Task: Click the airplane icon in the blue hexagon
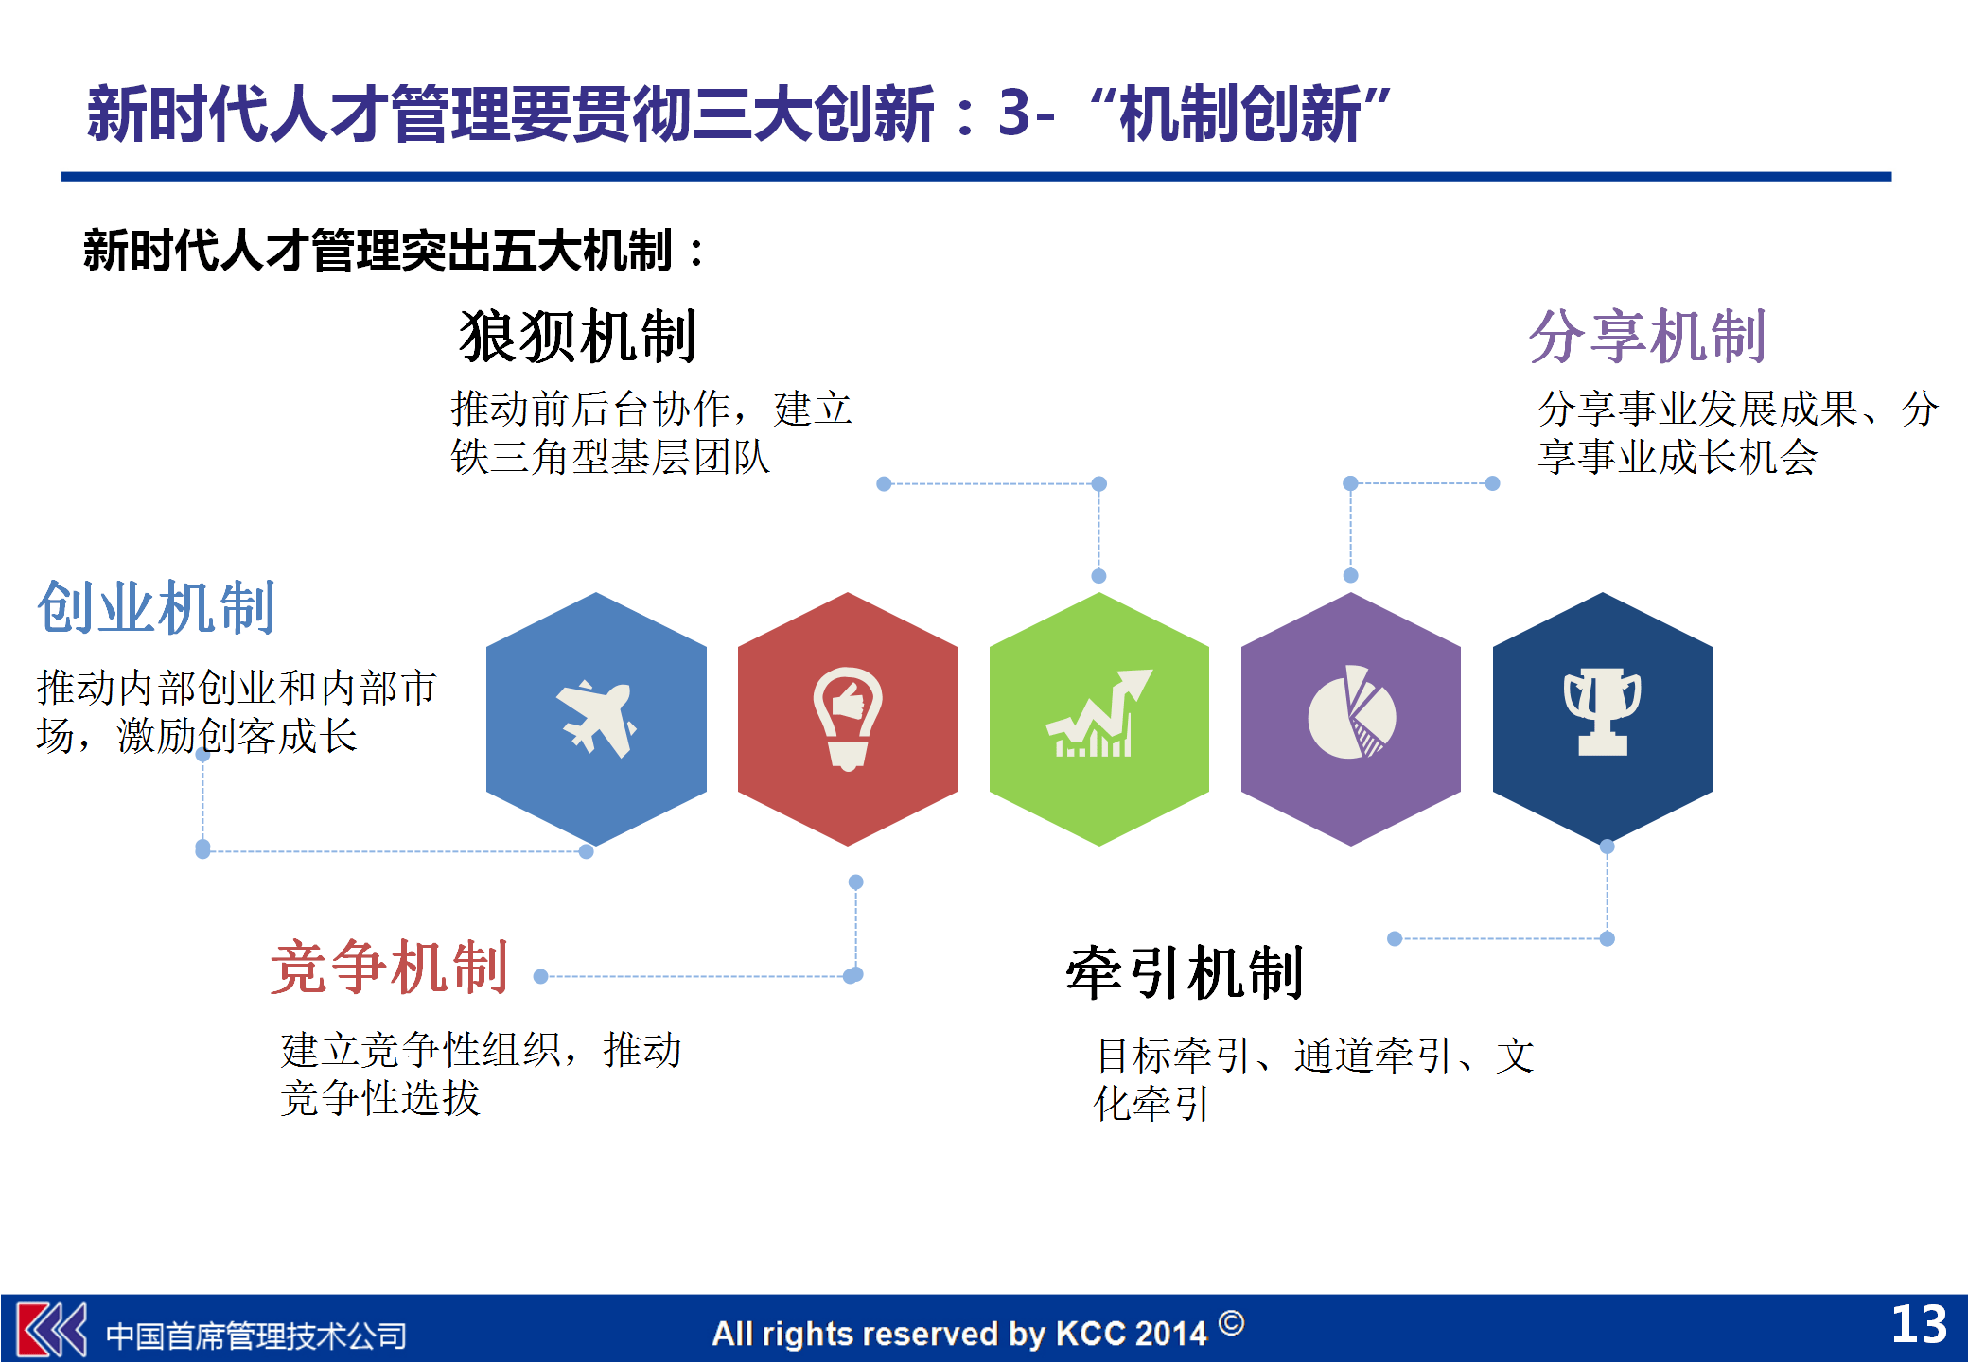[596, 719]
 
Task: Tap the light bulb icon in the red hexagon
[848, 719]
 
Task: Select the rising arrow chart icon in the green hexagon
[1098, 713]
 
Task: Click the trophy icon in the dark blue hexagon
[1603, 711]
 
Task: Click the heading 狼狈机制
[578, 337]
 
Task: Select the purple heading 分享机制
[1648, 337]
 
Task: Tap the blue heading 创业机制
[156, 607]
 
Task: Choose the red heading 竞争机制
[390, 968]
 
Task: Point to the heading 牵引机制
[1186, 973]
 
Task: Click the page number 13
[1919, 1324]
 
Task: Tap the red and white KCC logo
[53, 1330]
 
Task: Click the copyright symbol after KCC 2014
[1231, 1322]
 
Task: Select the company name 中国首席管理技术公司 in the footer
[255, 1336]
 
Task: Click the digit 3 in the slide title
[1013, 113]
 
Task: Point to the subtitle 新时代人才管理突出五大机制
[378, 251]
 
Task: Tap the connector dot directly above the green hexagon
[1098, 576]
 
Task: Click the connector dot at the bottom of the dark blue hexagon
[1607, 847]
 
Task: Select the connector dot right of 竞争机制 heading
[541, 976]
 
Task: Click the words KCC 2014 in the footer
[1132, 1334]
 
